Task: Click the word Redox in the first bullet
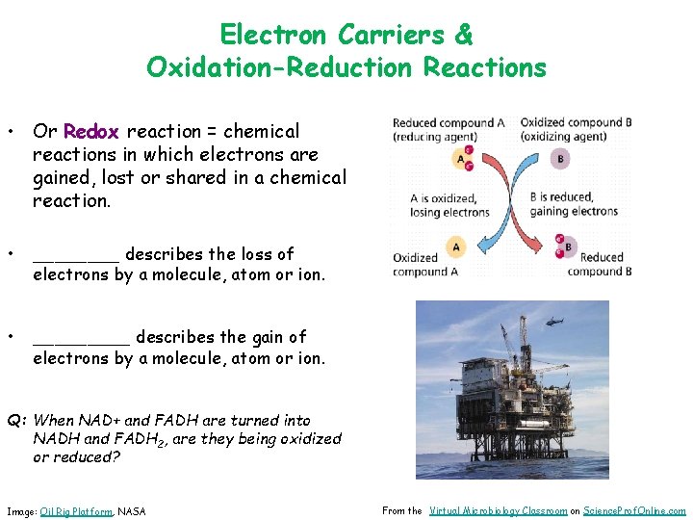click(90, 131)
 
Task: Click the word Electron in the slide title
click(275, 35)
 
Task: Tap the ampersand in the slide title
click(463, 35)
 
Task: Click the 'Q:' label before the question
click(17, 420)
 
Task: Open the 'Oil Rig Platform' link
click(76, 511)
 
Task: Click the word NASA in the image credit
click(132, 511)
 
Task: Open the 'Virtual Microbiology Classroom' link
click(498, 510)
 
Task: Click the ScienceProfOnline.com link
click(635, 510)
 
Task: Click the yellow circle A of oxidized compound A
click(455, 247)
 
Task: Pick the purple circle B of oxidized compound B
click(561, 159)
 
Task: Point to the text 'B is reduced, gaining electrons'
click(574, 205)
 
